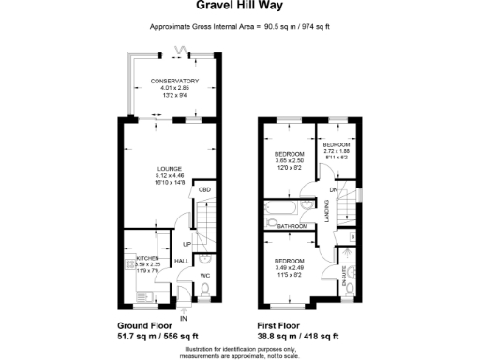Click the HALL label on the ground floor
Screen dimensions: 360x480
coord(183,261)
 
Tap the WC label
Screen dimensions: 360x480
coord(203,275)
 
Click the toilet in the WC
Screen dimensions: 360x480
coord(204,290)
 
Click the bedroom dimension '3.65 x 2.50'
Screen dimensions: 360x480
coord(289,160)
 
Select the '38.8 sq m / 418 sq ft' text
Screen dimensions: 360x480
coord(298,336)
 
